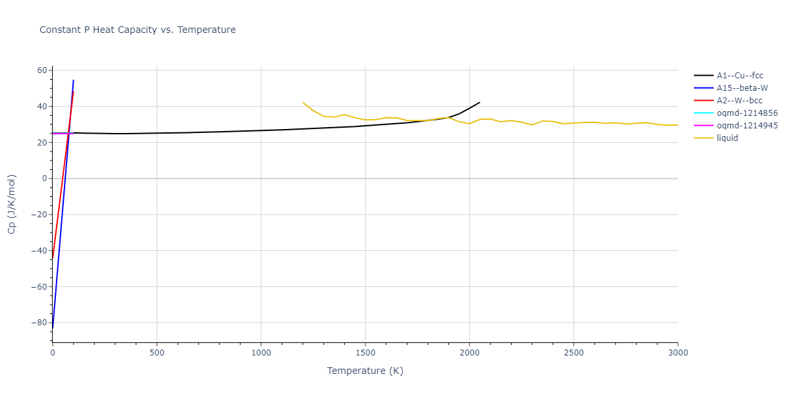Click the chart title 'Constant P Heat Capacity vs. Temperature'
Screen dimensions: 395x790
138,30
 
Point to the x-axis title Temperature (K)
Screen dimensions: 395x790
365,371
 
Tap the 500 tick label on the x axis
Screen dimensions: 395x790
157,354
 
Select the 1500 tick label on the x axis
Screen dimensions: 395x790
365,354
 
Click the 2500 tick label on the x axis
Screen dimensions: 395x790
573,354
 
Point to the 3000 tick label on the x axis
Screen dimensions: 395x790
677,354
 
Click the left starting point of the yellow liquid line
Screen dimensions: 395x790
303,102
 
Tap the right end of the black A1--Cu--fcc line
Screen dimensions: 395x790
479,102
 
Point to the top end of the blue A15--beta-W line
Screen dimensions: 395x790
74,80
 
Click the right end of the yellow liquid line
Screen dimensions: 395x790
677,125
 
